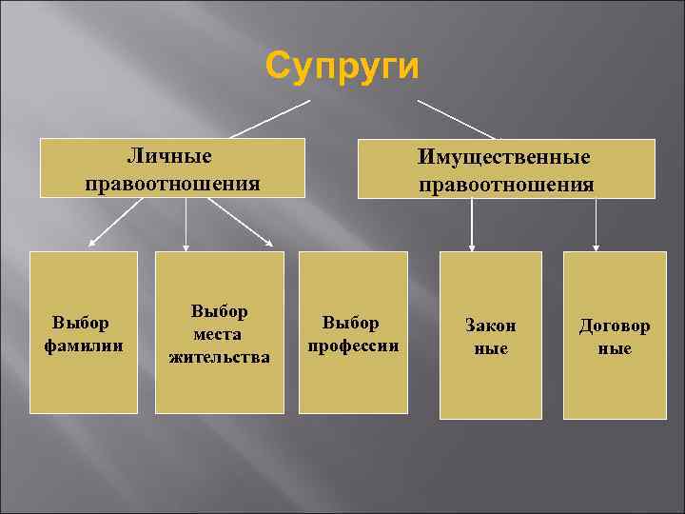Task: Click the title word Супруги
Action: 342,67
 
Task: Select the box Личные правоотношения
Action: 172,168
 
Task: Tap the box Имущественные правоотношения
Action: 506,169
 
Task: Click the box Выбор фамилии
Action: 84,332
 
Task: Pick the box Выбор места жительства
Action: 220,332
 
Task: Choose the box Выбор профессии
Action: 353,332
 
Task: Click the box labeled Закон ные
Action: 490,335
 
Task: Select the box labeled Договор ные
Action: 615,335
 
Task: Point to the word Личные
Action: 170,154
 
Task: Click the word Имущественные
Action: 505,156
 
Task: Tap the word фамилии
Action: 84,344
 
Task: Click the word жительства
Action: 220,357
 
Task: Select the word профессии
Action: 353,345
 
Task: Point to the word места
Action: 220,334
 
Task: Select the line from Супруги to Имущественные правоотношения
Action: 457,119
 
